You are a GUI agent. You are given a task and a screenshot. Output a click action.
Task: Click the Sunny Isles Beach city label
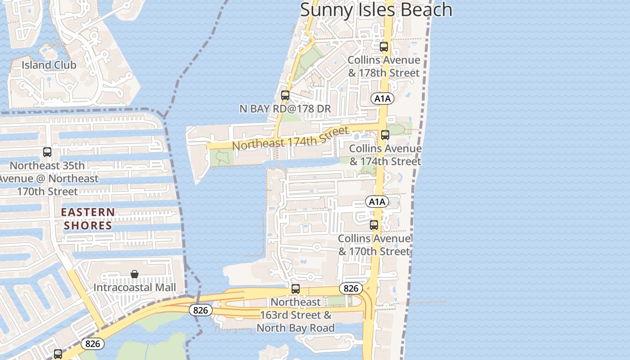coord(376,9)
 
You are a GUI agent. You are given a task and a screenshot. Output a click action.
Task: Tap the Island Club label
coord(49,65)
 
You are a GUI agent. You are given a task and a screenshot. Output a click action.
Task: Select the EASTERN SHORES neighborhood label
coord(88,218)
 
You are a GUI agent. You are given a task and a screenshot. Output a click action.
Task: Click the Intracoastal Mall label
coord(135,287)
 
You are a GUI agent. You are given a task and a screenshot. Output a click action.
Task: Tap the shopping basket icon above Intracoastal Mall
coord(135,274)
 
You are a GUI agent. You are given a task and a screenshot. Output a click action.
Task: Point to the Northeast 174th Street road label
coord(290,139)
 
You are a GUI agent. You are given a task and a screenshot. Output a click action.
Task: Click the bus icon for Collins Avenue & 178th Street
coord(384,46)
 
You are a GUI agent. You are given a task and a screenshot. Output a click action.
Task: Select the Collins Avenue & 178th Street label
coord(384,66)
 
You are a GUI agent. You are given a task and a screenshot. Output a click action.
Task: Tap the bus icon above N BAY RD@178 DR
coord(285,95)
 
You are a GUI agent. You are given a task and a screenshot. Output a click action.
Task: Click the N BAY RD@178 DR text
coord(285,108)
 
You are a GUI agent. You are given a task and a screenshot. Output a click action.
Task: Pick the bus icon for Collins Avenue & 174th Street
coord(385,135)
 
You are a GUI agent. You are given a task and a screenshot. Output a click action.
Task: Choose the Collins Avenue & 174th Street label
coord(386,155)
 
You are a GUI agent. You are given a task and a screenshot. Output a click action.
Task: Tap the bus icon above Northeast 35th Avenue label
coord(47,152)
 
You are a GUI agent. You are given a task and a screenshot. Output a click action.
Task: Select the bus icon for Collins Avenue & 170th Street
coord(374,225)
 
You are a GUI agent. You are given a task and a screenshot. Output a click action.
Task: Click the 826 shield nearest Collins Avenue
coord(350,288)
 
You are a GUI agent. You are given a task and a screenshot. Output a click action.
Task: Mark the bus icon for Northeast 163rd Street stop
coord(296,289)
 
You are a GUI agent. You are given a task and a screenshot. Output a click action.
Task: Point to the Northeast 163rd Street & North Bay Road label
coord(296,315)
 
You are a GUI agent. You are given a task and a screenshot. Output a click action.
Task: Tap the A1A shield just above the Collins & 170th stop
coord(377,202)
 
